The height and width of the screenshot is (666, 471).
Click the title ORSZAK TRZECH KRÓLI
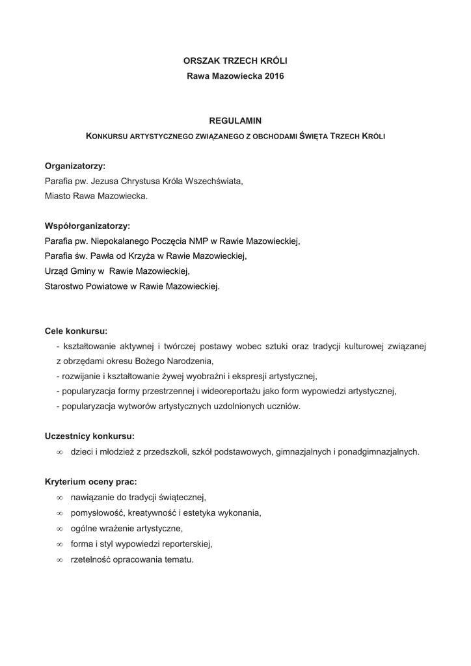coord(235,60)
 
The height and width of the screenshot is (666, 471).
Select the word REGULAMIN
coord(235,121)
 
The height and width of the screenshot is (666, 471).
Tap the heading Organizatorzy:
coord(75,166)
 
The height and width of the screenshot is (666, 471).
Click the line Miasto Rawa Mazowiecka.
coord(96,196)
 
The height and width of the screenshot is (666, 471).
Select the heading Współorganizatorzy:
coord(87,226)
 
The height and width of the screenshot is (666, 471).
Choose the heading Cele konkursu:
coord(76,330)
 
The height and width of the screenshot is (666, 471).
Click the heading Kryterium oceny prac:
coord(90,482)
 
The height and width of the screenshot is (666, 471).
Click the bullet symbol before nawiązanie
coord(59,498)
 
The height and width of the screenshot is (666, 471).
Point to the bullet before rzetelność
coord(59,559)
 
